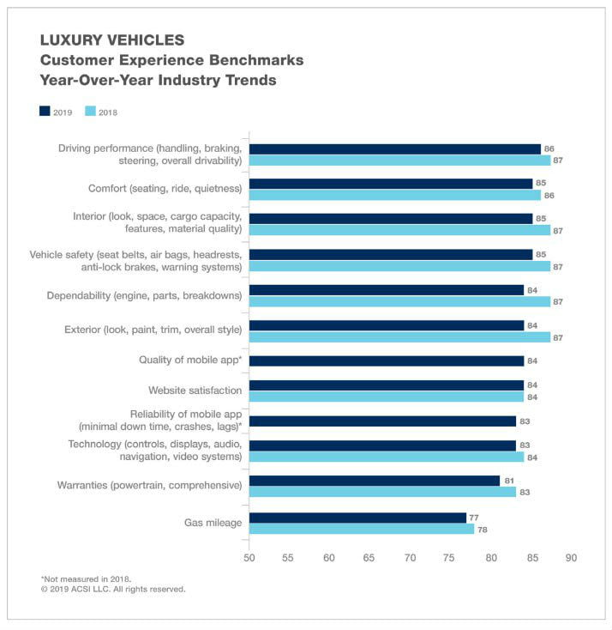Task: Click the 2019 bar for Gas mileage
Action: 357,518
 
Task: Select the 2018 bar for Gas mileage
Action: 361,529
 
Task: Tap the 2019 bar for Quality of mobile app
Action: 386,360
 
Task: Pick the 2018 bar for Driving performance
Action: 399,160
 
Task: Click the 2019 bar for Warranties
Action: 374,481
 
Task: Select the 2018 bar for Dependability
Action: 399,301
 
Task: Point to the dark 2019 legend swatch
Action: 45,111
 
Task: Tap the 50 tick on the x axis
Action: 249,558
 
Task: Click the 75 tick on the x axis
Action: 451,558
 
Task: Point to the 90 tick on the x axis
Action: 572,558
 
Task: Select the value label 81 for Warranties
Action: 508,481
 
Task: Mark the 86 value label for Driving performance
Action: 549,148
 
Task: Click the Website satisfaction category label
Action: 195,391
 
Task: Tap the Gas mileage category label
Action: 213,522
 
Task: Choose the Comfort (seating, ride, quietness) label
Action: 165,188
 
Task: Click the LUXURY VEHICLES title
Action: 111,40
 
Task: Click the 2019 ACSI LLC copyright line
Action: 112,590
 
